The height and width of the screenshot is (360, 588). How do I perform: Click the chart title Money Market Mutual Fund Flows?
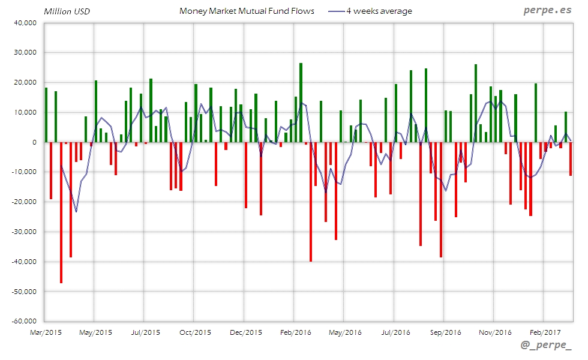(247, 11)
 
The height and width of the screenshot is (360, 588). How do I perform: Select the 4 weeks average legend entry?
(379, 11)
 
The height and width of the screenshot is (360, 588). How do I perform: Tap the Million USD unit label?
(67, 11)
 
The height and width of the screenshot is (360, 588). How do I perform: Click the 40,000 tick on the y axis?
(25, 23)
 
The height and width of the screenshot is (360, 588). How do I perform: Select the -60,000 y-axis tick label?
(23, 321)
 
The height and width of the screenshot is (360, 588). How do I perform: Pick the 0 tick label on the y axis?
(34, 142)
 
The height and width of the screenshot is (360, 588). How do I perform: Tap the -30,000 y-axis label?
(23, 232)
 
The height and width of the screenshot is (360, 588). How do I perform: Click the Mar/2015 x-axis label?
(45, 332)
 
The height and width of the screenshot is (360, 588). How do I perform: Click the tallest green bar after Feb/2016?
(301, 103)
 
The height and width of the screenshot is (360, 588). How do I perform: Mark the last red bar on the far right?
(570, 158)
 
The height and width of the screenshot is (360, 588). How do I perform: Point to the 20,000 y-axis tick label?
(25, 82)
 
